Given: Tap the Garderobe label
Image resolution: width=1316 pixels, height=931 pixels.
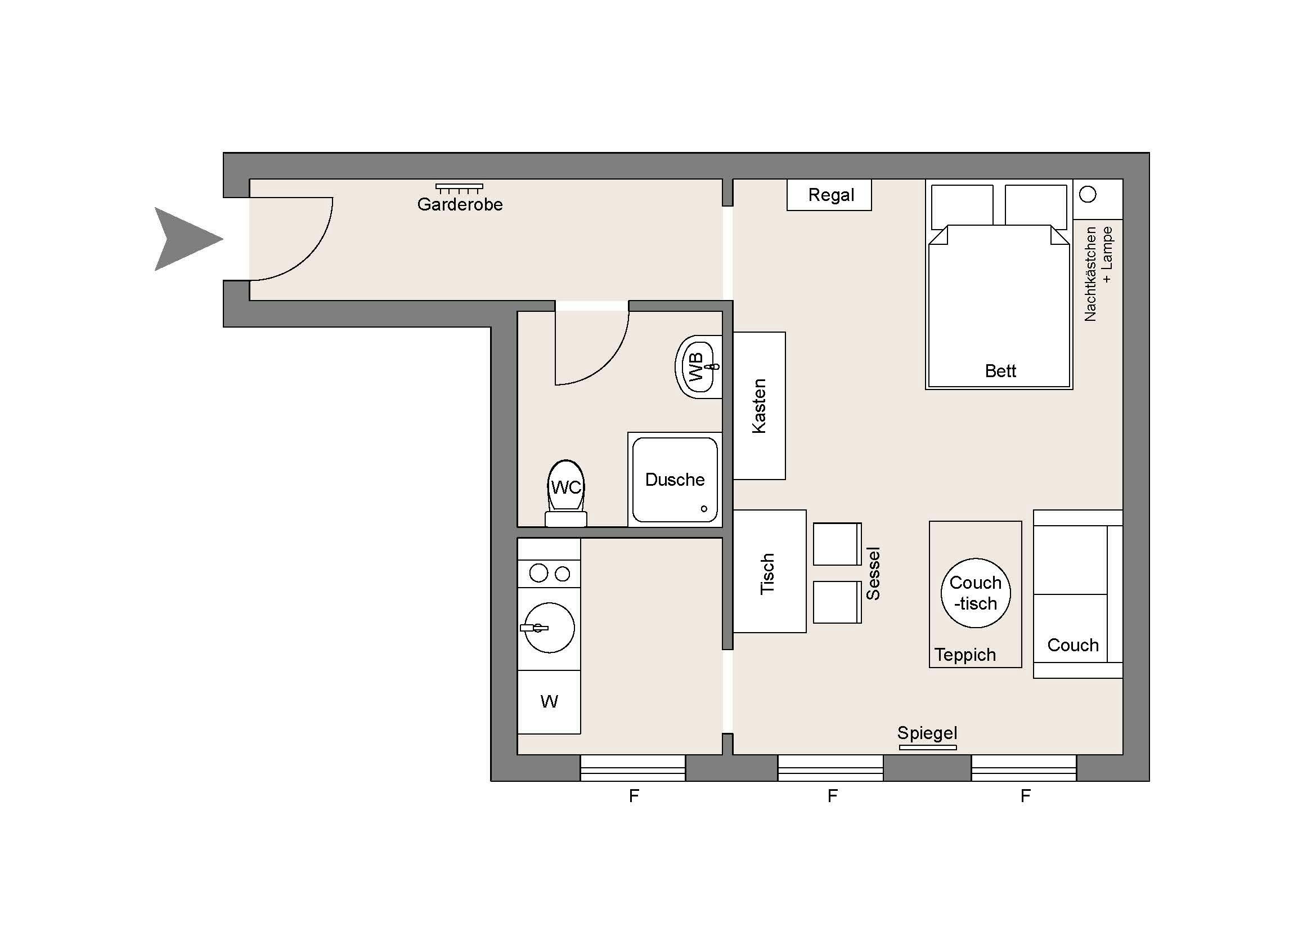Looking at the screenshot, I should point(460,205).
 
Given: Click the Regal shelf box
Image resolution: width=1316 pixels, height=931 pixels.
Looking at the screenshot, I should point(829,195).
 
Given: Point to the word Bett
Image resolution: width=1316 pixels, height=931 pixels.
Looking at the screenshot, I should point(1000,371).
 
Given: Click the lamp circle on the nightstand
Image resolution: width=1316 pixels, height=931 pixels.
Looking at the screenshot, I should point(1088,195).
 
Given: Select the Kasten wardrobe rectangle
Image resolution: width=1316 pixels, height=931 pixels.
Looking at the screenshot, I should point(759,406).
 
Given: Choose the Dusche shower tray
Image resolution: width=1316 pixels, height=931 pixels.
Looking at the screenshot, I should point(675,479).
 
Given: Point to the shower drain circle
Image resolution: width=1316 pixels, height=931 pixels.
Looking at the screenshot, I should point(704,508).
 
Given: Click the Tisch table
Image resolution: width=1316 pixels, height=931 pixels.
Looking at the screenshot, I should point(769,572).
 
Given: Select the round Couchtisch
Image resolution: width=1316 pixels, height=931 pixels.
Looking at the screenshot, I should point(976,593).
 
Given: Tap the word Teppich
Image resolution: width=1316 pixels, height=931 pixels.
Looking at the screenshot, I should point(965,655).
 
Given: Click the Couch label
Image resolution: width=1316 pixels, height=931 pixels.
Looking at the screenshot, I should point(1072,645).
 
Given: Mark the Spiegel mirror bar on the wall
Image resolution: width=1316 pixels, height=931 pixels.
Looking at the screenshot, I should point(927,748).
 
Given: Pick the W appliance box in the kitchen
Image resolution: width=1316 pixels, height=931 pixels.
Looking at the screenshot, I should point(549,702).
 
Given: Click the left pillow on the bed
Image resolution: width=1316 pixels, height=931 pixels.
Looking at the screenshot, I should point(962,205).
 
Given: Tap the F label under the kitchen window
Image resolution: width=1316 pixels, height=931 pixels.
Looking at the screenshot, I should point(634,796).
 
